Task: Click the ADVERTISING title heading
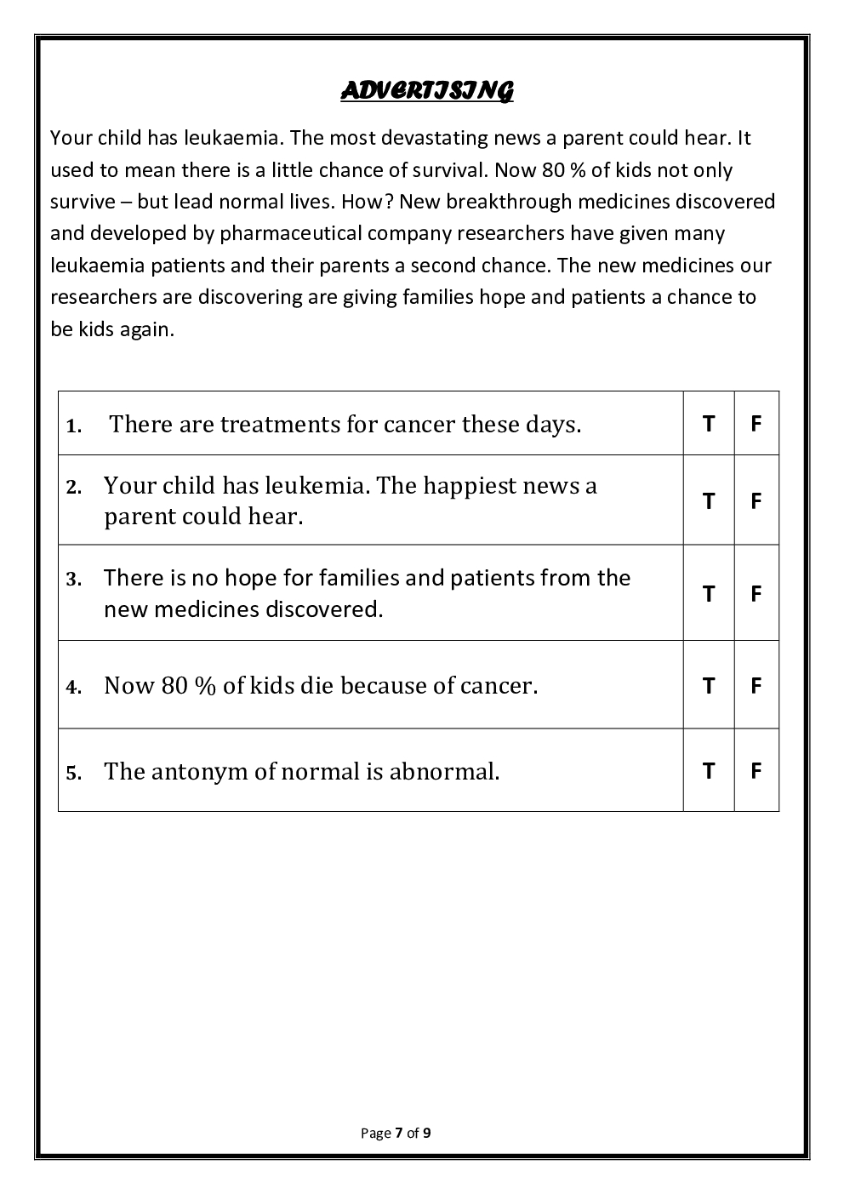pos(427,90)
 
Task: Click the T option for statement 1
pos(708,423)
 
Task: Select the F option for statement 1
pos(756,423)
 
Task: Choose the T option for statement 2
pos(708,500)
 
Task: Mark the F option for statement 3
pos(756,593)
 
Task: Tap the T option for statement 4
pos(708,685)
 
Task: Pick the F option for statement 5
pos(756,770)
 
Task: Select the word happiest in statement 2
pos(470,485)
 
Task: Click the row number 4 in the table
pos(74,687)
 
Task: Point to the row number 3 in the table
pos(74,579)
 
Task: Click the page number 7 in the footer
pos(398,1133)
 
